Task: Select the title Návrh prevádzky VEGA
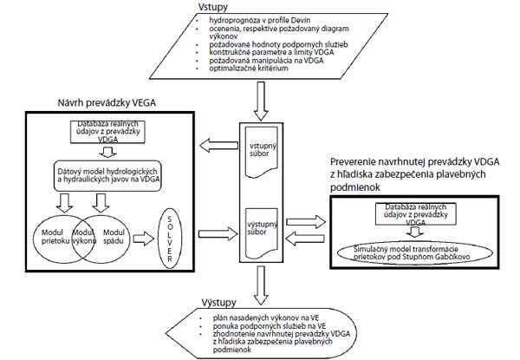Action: (98, 104)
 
